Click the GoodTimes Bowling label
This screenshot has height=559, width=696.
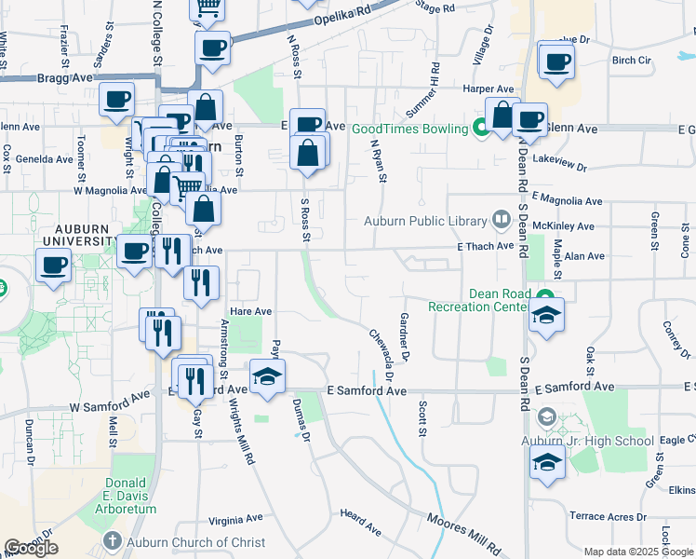click(x=409, y=129)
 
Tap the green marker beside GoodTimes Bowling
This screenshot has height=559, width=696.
click(x=481, y=128)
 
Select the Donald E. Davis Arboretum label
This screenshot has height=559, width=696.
click(x=118, y=496)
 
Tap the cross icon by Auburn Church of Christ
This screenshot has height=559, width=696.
click(x=113, y=541)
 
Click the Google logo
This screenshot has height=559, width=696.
click(x=31, y=548)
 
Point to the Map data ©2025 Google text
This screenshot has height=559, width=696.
click(x=639, y=552)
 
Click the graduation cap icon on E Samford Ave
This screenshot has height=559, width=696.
click(x=267, y=376)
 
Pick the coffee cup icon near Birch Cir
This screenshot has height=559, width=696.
click(x=556, y=61)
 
